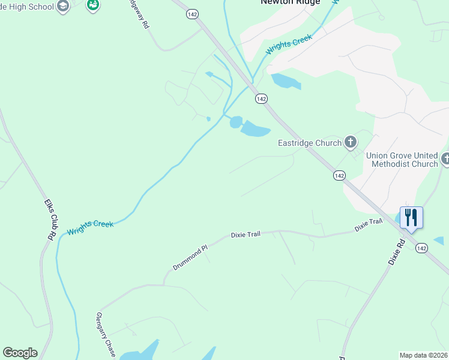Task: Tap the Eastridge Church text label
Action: click(310, 143)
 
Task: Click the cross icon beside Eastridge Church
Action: click(351, 143)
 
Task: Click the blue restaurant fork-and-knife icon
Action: click(411, 217)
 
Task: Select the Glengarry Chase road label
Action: click(105, 332)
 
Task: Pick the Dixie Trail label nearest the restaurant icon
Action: click(368, 225)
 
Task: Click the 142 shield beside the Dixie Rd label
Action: click(422, 248)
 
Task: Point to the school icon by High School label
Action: click(62, 7)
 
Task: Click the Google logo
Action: click(20, 353)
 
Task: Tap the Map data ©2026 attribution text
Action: click(423, 355)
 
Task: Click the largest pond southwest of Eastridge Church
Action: click(255, 128)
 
